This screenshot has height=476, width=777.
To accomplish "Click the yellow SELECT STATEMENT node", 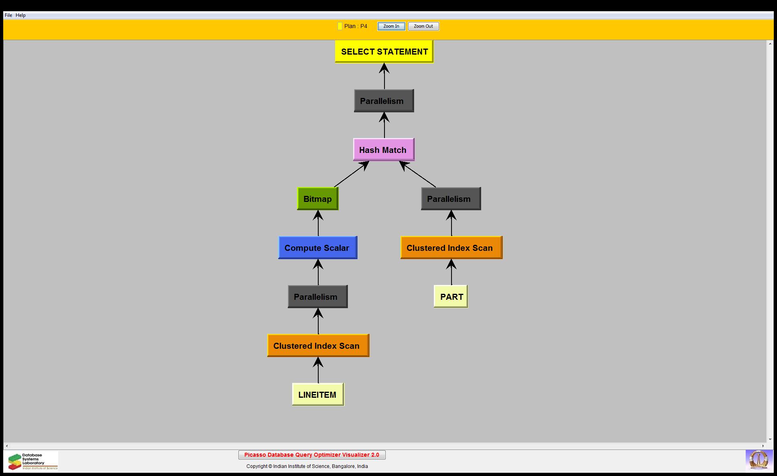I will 384,51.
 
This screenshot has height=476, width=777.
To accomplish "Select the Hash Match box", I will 383,150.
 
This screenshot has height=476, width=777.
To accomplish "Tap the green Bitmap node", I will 317,199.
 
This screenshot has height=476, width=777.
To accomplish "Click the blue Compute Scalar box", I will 317,248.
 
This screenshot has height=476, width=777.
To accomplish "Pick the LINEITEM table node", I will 318,395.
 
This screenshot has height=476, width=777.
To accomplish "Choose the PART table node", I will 451,297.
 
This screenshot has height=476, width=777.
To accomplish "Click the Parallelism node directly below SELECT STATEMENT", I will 384,101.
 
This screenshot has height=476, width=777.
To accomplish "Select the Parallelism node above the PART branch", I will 451,199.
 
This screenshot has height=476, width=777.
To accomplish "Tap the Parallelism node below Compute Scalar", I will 317,297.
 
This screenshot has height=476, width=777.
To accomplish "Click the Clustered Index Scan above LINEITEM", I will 318,346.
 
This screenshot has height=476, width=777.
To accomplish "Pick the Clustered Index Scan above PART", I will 451,248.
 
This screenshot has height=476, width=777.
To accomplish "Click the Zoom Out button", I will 423,26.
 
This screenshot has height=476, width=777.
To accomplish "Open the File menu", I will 8,15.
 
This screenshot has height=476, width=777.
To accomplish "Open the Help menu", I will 21,15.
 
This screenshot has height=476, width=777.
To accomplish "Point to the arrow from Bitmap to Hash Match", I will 351,174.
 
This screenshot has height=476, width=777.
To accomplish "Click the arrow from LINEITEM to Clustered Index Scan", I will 318,370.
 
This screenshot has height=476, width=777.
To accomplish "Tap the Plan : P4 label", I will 355,26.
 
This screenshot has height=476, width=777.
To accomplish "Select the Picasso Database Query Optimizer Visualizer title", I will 312,455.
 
